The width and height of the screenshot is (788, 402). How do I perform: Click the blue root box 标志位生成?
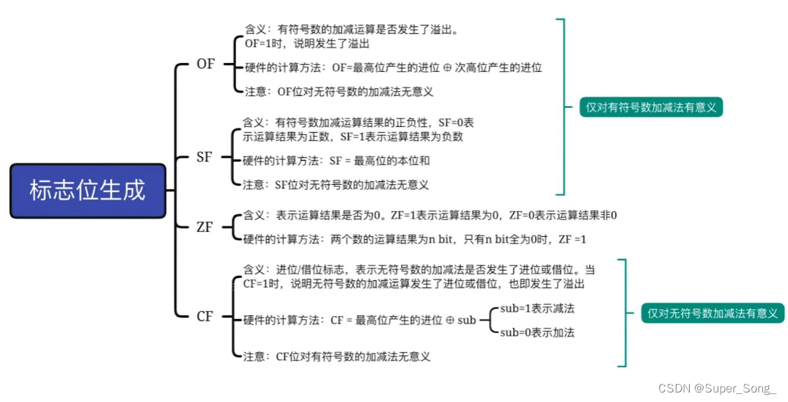point(88,191)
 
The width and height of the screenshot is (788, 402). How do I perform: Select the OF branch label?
point(206,64)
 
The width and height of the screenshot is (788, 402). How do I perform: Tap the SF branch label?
point(205,156)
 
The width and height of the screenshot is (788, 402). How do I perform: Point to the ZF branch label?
point(205,227)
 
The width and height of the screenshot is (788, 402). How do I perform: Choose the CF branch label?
point(205,317)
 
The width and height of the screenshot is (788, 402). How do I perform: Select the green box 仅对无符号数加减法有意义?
point(712,313)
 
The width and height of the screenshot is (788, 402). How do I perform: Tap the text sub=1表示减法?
point(537,308)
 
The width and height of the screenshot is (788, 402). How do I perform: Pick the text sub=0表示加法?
point(537,332)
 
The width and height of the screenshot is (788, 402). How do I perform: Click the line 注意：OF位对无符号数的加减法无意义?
point(339,92)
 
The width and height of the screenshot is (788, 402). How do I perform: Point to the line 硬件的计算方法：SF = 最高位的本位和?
point(336,159)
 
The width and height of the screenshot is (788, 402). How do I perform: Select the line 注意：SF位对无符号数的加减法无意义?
point(336,185)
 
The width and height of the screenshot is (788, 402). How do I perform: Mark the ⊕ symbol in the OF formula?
point(446,67)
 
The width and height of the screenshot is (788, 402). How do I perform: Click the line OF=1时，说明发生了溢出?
point(307,43)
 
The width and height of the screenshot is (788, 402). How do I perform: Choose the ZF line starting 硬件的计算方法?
point(414,239)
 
